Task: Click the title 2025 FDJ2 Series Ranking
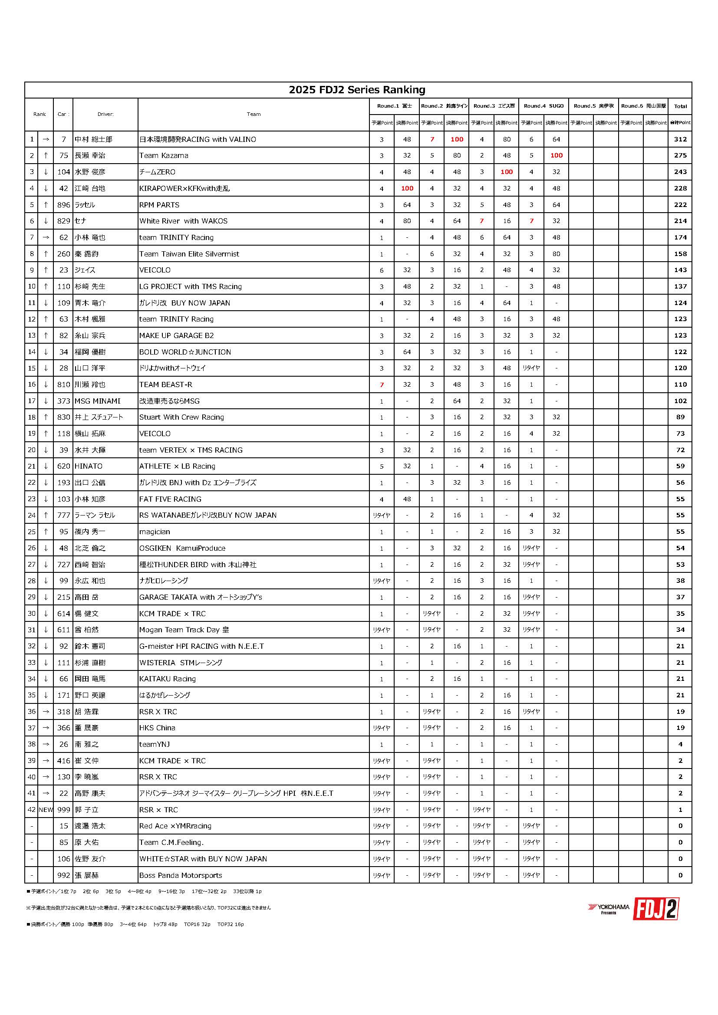click(357, 90)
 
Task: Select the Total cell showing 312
click(680, 139)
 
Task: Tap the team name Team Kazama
click(164, 156)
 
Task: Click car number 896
click(64, 205)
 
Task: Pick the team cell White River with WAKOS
click(183, 221)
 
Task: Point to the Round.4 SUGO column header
click(543, 106)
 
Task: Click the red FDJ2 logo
click(655, 909)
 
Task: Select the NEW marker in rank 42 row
click(46, 810)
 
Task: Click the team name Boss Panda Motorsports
click(181, 875)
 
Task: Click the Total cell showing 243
click(680, 172)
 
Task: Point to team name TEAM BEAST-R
click(165, 384)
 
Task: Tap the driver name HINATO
click(89, 466)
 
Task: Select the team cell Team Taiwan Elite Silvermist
click(189, 254)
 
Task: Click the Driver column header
click(105, 114)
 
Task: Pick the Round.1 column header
click(394, 106)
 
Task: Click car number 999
click(64, 810)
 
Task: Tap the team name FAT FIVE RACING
click(170, 499)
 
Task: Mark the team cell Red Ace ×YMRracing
click(175, 826)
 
